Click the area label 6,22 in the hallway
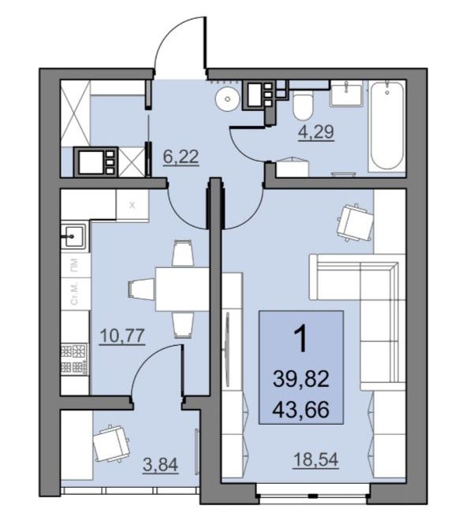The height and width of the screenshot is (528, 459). click(181, 157)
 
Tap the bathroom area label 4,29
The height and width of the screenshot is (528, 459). click(316, 132)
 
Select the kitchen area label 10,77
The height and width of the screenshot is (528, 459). click(123, 336)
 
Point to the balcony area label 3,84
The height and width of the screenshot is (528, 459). click(160, 466)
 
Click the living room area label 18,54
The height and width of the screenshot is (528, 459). click(315, 459)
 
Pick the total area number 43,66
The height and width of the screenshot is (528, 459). click(300, 410)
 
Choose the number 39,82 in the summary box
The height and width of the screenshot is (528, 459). click(300, 378)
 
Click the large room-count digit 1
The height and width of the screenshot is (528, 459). click(301, 339)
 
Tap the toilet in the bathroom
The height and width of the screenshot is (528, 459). click(303, 106)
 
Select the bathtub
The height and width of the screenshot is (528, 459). click(387, 125)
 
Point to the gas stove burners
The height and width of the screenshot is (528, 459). click(74, 359)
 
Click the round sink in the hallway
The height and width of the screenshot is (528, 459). click(228, 99)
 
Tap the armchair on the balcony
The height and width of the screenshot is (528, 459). click(111, 444)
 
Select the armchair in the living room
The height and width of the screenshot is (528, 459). click(356, 222)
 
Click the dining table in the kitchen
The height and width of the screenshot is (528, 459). click(183, 289)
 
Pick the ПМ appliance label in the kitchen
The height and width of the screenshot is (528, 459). click(74, 265)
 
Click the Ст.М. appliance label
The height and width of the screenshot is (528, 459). click(74, 294)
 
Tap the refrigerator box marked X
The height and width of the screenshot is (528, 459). click(132, 205)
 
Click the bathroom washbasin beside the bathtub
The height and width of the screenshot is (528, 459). click(346, 93)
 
